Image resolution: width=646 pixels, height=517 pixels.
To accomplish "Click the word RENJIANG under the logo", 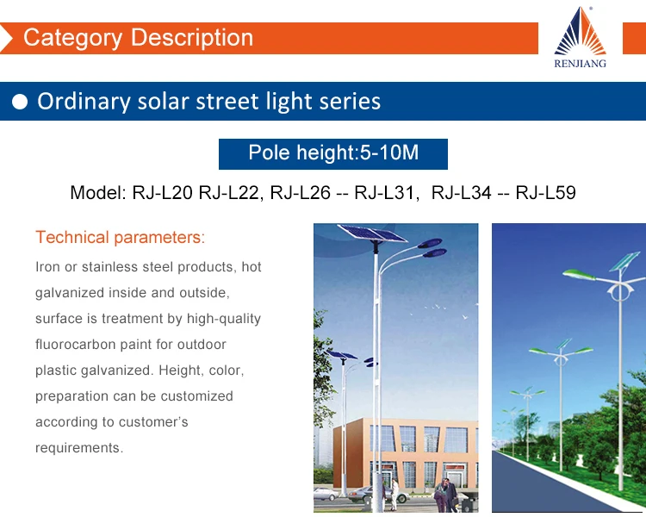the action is (580, 64).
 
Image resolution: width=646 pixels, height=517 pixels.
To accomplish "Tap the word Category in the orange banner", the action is (73, 38).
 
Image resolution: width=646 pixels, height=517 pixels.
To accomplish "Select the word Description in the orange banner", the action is (192, 38).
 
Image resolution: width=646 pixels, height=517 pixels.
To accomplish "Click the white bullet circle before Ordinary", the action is (20, 102).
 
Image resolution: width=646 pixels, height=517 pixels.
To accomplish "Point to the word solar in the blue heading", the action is (163, 102).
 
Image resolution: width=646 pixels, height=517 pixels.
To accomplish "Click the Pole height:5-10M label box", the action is (332, 153).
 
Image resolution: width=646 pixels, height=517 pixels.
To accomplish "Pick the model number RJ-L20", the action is (162, 192).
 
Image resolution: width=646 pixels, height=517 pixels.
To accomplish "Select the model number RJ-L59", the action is (545, 192).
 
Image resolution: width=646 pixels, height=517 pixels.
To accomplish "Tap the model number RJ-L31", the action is (384, 192).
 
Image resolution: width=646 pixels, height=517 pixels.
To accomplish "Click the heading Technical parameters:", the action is (121, 238).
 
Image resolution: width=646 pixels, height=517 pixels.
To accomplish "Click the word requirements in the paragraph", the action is (78, 448).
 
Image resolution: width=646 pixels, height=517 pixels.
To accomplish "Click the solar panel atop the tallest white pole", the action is (372, 234).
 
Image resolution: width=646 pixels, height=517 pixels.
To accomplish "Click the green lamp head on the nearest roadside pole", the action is (579, 274).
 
